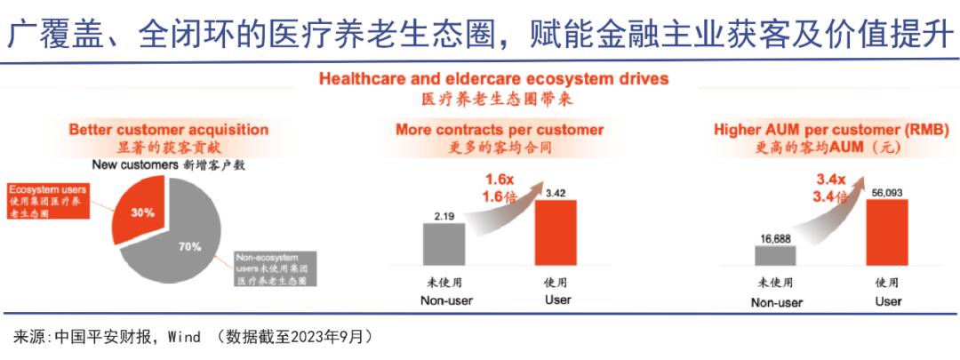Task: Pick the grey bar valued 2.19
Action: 444,244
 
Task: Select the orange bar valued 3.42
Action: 556,232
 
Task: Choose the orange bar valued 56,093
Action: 887,232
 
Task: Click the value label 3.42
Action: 556,192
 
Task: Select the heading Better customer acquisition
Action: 168,130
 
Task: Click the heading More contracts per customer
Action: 500,130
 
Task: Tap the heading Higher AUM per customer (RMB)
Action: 832,130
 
